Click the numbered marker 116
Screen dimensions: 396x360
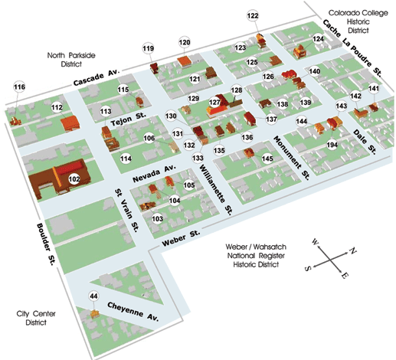(x=19, y=87)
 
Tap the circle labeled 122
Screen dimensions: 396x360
(x=253, y=16)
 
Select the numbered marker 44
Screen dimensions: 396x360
(x=93, y=296)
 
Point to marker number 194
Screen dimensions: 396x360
(x=332, y=145)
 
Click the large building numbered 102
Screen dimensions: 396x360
(x=60, y=178)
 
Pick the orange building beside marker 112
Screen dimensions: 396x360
(x=70, y=123)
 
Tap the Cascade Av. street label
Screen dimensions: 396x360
(x=97, y=77)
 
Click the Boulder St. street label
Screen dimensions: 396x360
(x=45, y=244)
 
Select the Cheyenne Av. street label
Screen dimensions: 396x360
(x=133, y=312)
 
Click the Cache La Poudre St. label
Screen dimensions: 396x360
(x=352, y=47)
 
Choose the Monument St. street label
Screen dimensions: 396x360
(x=292, y=158)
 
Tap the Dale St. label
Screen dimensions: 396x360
(x=365, y=142)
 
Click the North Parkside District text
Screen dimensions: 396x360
(x=71, y=60)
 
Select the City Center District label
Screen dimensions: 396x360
(x=36, y=318)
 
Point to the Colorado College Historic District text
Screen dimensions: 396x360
(x=358, y=21)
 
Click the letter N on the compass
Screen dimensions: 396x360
(x=353, y=250)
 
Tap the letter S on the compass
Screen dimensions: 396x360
(x=308, y=268)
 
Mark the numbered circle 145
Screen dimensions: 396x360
(x=267, y=159)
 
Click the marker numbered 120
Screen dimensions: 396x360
(x=185, y=42)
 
